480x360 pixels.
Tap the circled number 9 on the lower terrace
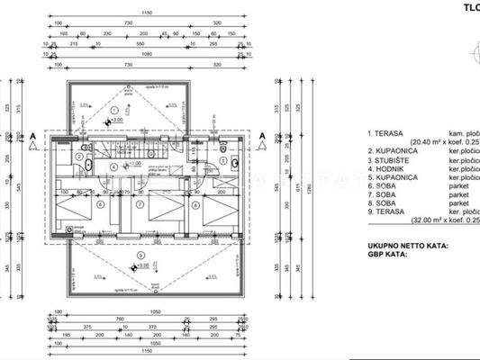click(138, 255)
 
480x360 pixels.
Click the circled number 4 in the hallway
click(113, 166)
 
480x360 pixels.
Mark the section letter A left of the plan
click(33, 137)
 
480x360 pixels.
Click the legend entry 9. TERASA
click(389, 212)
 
